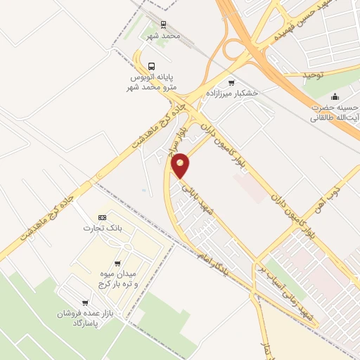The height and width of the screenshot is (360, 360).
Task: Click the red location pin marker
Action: (x=181, y=165)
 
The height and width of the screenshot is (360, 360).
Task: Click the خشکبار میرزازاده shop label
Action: (x=233, y=93)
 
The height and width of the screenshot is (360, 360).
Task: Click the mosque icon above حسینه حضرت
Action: (x=335, y=96)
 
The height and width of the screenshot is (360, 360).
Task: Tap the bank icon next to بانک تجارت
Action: (x=102, y=217)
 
